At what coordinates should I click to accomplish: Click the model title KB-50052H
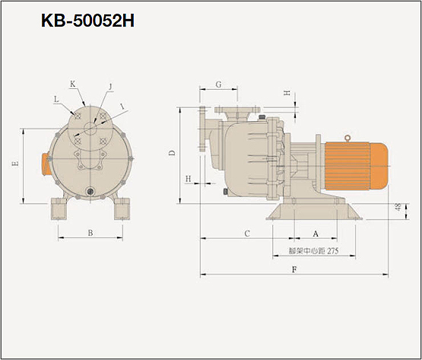pos(87,21)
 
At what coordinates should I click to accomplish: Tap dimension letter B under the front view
pos(90,233)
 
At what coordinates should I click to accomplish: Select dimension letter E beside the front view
pos(16,164)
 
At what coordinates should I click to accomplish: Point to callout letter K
pos(72,84)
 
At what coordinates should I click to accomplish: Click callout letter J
pos(110,87)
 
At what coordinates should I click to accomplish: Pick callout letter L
pos(56,99)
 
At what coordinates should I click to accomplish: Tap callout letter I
pos(122,107)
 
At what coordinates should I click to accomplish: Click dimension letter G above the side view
pos(218,84)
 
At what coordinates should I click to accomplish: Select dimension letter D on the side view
pos(172,153)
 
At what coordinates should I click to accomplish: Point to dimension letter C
pos(247,234)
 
